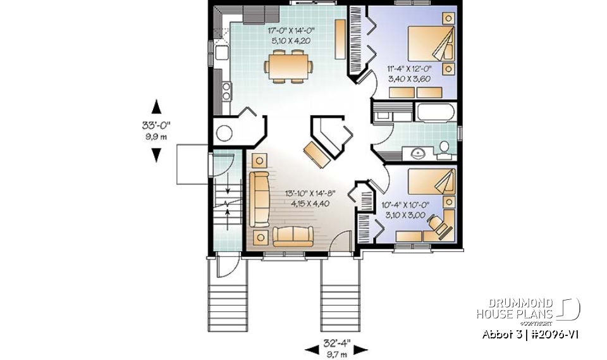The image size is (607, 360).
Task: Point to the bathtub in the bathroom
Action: click(x=435, y=113)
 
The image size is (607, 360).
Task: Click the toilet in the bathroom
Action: click(x=444, y=148)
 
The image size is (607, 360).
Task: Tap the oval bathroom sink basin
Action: click(x=418, y=152)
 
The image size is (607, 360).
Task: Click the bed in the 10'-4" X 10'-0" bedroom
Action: click(x=431, y=183)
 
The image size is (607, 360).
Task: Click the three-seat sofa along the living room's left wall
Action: click(x=258, y=199)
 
